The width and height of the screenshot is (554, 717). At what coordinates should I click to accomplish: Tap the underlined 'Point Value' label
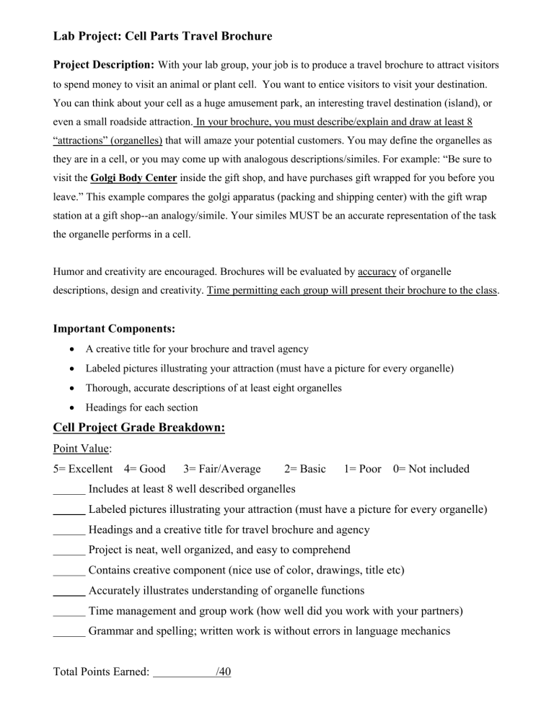[82, 449]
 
